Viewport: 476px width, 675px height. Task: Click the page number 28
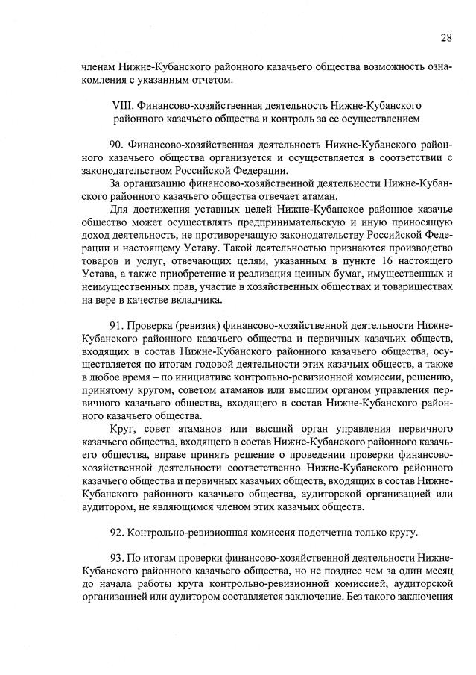pyautogui.click(x=445, y=37)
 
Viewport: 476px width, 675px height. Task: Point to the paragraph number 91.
pyautogui.click(x=115, y=325)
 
